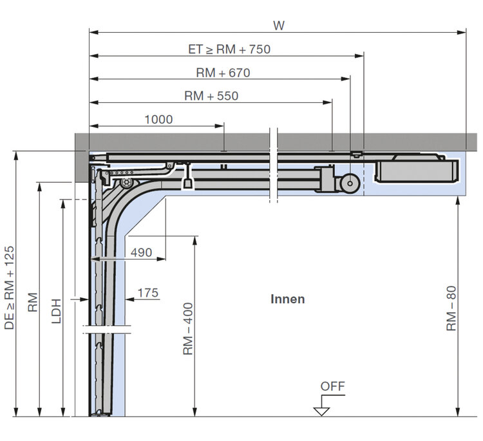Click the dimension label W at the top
278,26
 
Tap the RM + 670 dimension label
222,73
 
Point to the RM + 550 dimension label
211,96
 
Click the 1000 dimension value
158,119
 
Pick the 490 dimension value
141,252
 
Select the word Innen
287,299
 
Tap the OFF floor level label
333,386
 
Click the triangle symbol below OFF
321,411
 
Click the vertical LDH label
56,310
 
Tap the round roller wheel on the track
350,183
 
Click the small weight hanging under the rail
187,183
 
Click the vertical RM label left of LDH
33,303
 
